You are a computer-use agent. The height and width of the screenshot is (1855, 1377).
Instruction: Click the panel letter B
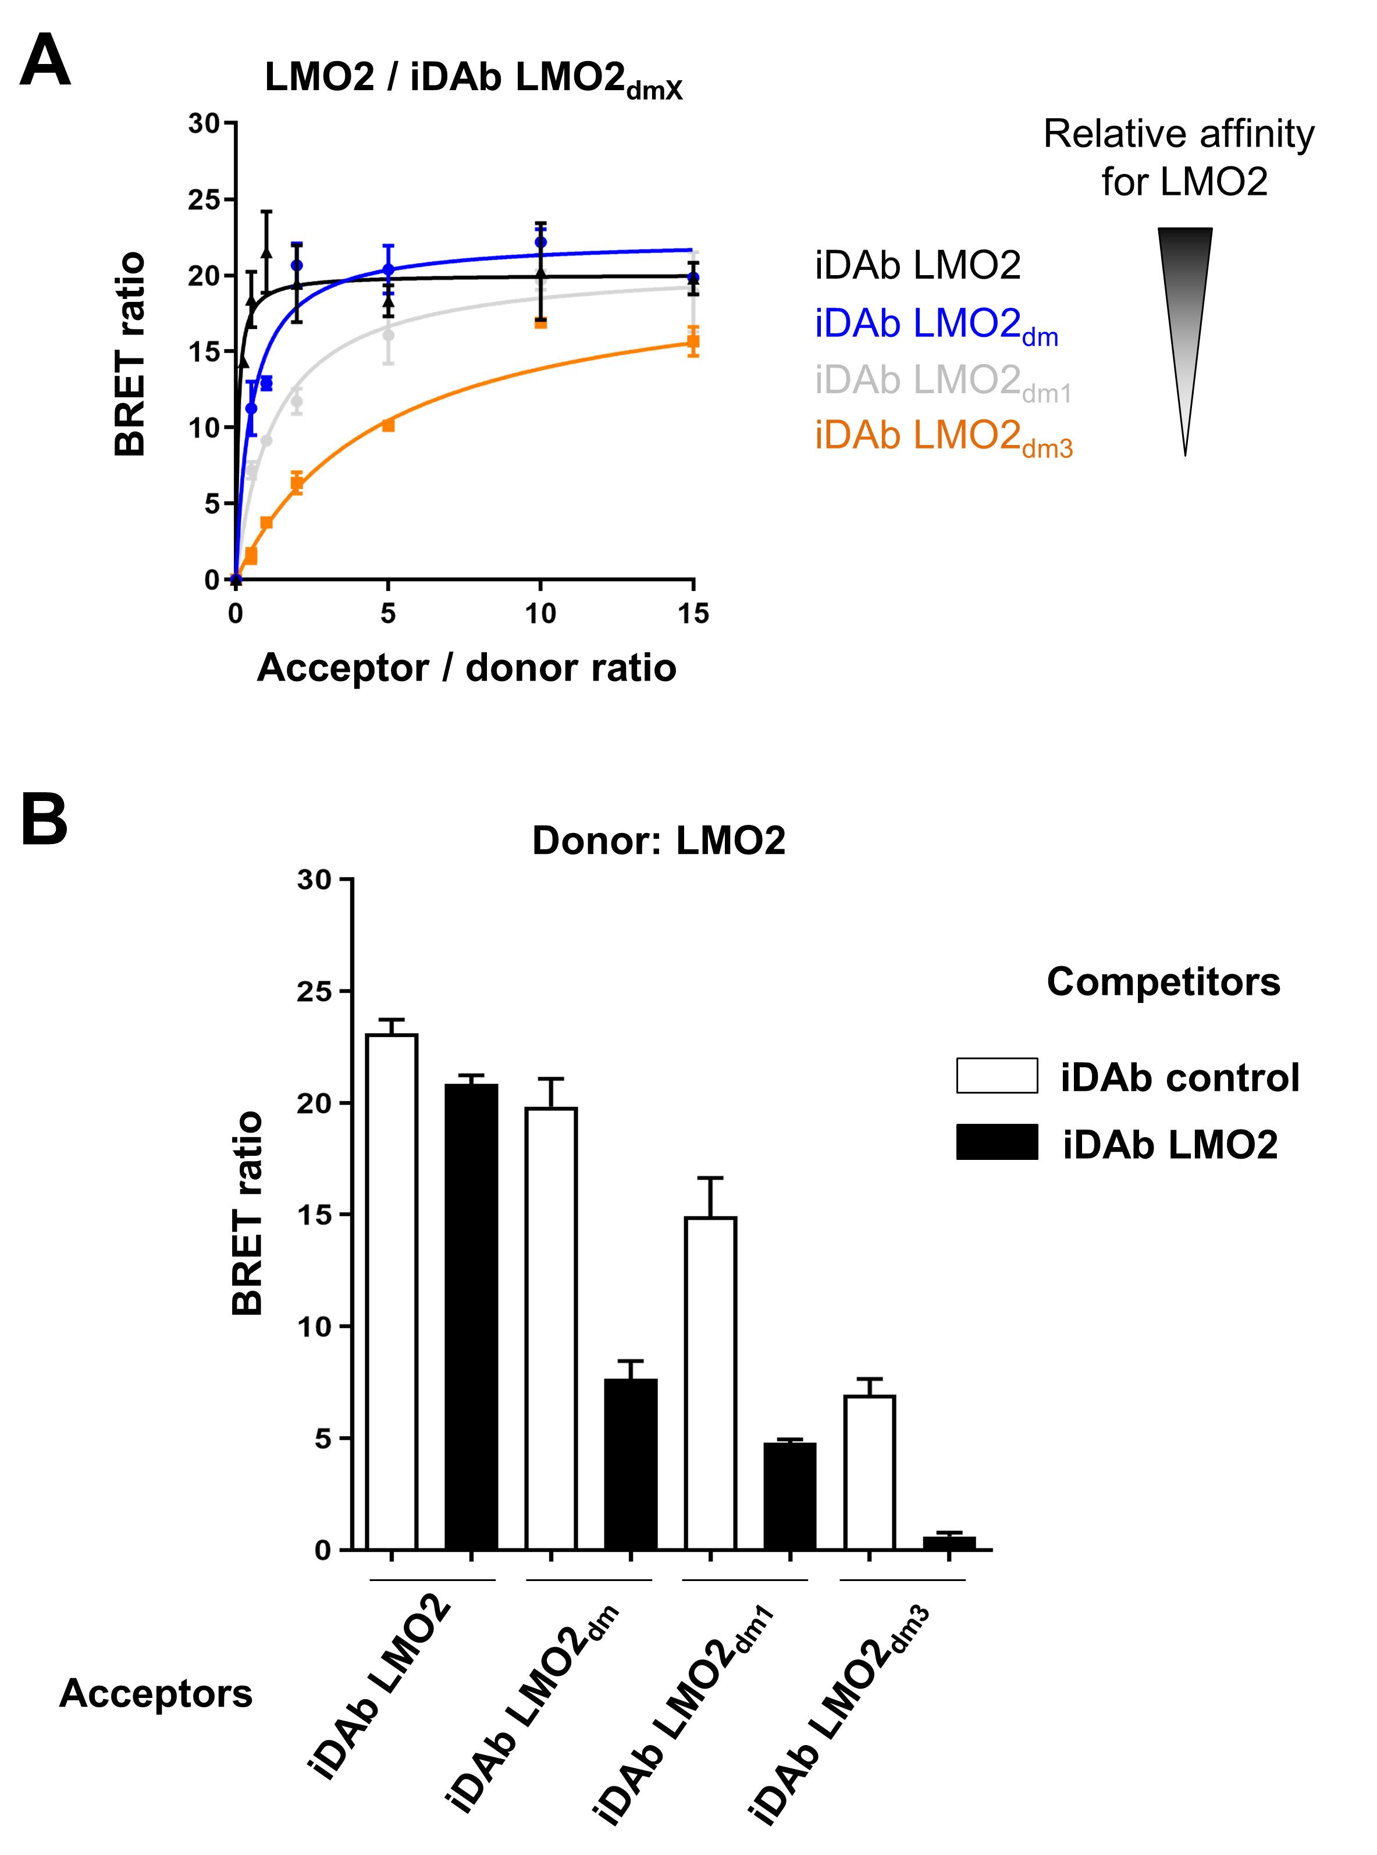click(x=44, y=820)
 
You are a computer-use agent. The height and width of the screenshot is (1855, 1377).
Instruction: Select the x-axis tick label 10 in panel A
click(x=540, y=614)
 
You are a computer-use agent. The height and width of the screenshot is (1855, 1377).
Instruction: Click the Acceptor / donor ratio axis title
click(x=466, y=668)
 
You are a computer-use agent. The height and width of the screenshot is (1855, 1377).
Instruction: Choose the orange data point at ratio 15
click(x=693, y=341)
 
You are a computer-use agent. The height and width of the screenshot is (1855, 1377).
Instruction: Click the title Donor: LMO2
click(x=659, y=841)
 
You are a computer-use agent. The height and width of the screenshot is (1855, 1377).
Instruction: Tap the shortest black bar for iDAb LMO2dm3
click(x=949, y=1543)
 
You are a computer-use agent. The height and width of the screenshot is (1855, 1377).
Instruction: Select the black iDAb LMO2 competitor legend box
click(x=997, y=1142)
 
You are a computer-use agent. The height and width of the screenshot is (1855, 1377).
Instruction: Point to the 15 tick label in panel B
click(x=314, y=1215)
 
